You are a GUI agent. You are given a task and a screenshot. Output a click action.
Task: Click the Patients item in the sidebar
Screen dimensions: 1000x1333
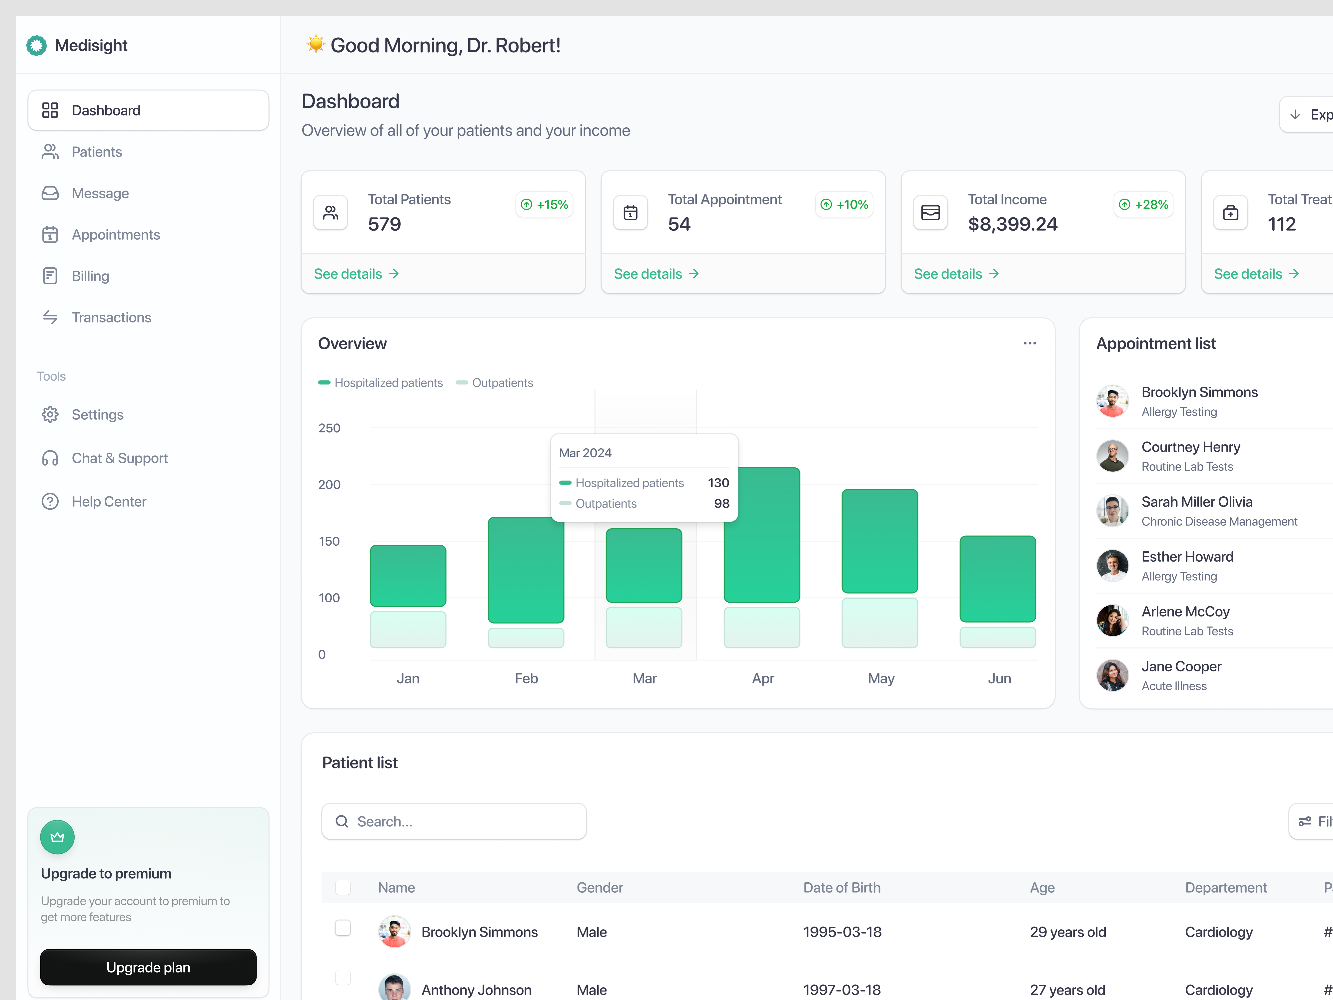coord(96,152)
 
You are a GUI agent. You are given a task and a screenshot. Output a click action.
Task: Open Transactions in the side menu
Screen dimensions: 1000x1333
coord(111,318)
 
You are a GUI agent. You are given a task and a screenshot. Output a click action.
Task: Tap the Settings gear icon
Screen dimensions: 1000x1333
coord(50,415)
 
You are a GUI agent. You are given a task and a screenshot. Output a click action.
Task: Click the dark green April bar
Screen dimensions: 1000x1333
coord(762,535)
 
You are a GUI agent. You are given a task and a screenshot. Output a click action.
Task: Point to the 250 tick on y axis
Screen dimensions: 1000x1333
coord(329,428)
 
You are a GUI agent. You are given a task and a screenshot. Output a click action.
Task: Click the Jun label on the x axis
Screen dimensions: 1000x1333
coord(999,679)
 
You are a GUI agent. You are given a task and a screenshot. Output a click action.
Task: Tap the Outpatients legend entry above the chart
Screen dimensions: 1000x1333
coord(502,383)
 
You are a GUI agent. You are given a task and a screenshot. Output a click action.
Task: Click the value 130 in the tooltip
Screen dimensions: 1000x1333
coord(718,483)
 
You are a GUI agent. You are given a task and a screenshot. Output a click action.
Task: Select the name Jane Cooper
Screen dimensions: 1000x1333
coord(1181,667)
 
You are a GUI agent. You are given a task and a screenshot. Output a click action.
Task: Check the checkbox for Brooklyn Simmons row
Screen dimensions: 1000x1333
coord(343,928)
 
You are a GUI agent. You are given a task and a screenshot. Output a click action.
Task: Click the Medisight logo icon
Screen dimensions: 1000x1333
coord(37,46)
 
